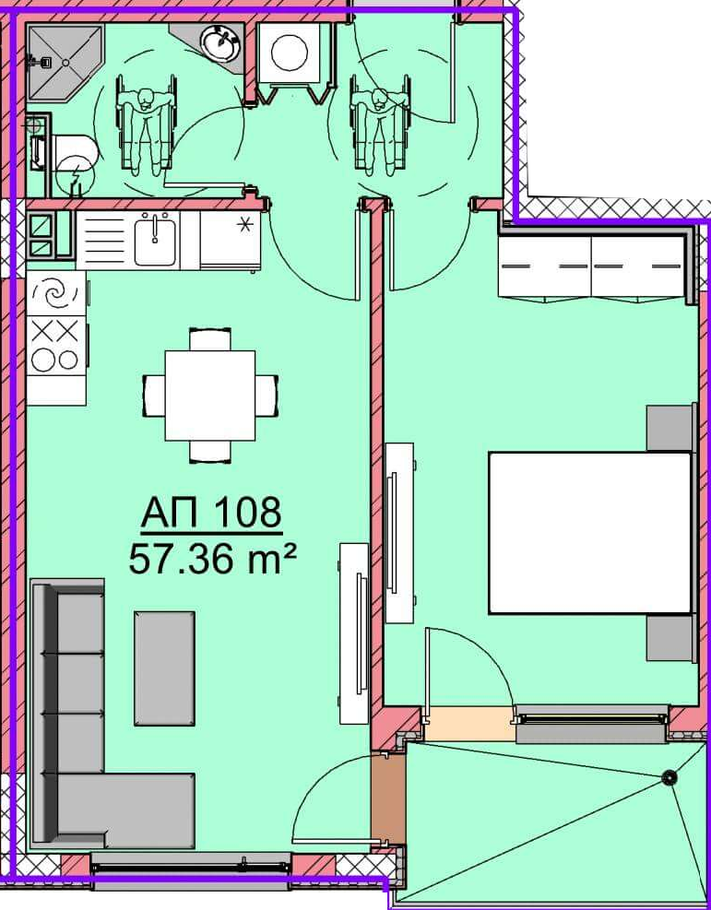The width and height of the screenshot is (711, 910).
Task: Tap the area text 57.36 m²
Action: coord(212,560)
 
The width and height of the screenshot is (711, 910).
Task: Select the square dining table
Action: coord(210,396)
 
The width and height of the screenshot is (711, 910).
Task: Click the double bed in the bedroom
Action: coord(590,533)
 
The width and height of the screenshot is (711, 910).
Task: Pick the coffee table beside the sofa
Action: coord(165,668)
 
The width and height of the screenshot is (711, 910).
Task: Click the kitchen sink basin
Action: coord(155,239)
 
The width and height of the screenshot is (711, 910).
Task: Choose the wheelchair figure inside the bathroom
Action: coord(146,125)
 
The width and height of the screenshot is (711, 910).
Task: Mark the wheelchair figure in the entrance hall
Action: coord(380,125)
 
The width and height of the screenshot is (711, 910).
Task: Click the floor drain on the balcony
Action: coord(670,776)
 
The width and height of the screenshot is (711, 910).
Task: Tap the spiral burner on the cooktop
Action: coord(55,294)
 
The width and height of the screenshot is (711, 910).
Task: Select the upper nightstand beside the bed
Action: coord(671,428)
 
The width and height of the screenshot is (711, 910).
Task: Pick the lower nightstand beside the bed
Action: coord(671,638)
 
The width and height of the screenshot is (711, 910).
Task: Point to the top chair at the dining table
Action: coord(210,339)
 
